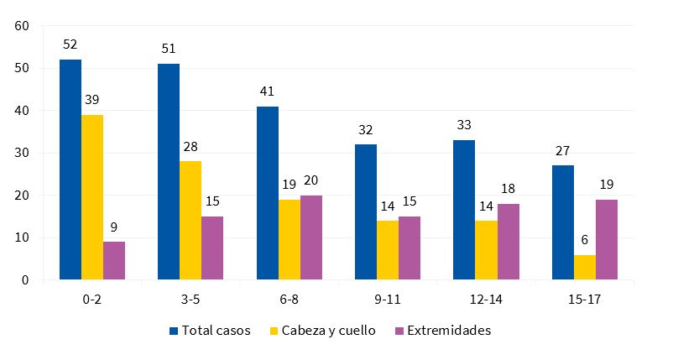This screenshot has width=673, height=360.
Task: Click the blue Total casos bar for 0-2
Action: coord(70,170)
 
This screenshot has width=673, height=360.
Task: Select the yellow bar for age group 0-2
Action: coord(92,197)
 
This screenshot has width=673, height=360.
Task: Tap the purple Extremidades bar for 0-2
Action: coord(114,261)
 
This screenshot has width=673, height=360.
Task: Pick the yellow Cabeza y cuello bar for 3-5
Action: coord(190,221)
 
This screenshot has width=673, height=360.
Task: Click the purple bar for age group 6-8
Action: coord(310,237)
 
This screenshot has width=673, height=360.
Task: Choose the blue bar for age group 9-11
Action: coord(366,212)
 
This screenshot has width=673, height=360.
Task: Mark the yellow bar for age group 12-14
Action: coord(486,250)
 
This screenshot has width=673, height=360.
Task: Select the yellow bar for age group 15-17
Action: coord(584,267)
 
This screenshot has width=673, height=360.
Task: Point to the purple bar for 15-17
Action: coord(606,239)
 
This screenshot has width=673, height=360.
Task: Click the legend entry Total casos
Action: coord(210,331)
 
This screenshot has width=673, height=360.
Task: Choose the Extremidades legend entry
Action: coord(442,331)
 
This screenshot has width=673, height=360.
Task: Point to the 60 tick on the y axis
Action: coord(22,26)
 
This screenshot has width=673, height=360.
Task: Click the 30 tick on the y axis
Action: coord(22,153)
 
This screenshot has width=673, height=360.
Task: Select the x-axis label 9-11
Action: coord(387,298)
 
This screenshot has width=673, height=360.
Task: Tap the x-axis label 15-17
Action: coord(584,298)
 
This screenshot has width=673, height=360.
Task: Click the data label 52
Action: coord(70,44)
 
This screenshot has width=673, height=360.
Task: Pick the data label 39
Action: coord(92,99)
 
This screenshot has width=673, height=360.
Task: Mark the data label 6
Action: coord(584,239)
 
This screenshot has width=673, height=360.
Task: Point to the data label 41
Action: coord(267,91)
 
